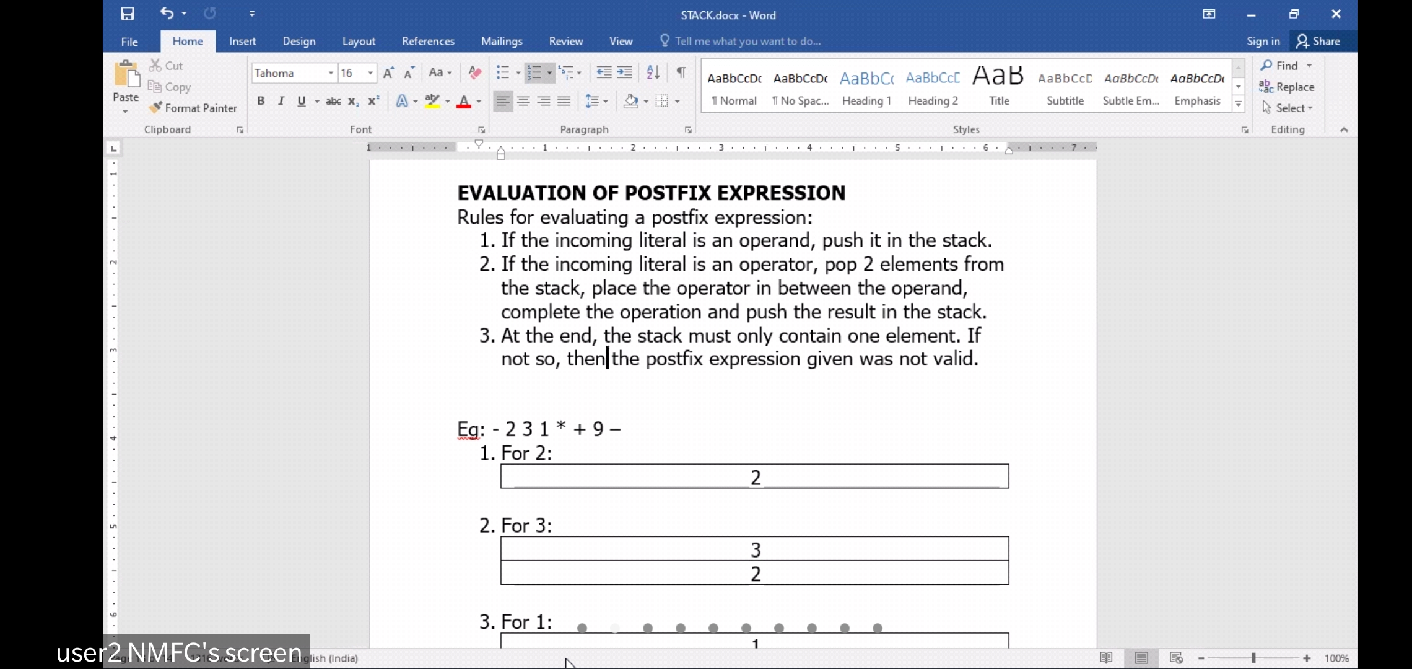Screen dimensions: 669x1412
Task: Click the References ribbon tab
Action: pos(428,41)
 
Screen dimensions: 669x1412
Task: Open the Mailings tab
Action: pos(502,41)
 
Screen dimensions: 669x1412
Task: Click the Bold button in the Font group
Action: pos(261,101)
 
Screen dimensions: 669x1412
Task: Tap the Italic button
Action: pos(281,101)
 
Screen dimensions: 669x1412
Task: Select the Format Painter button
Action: pos(193,108)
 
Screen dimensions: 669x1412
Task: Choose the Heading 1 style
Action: pos(866,87)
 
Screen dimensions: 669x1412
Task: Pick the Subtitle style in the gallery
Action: pos(1065,87)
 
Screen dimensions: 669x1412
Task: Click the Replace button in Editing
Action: pos(1288,87)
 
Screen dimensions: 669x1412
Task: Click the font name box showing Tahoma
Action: pos(289,73)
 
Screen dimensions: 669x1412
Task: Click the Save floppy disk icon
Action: pos(128,14)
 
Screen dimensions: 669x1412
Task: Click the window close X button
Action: pos(1336,14)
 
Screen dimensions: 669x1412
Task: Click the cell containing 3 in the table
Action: pos(755,549)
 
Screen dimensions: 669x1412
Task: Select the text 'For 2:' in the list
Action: pos(526,453)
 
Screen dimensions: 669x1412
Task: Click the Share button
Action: pos(1318,41)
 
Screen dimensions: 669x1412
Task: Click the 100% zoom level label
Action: pos(1336,658)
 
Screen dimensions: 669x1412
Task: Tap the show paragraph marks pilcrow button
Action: pos(681,72)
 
